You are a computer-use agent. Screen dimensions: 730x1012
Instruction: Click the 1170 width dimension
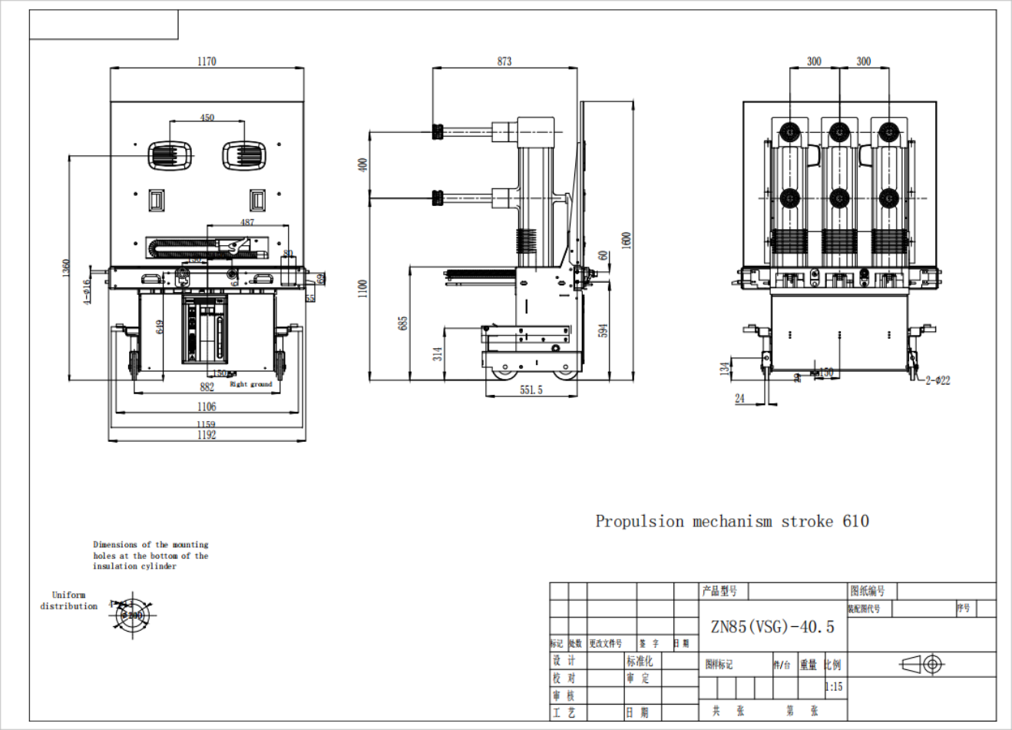click(x=207, y=61)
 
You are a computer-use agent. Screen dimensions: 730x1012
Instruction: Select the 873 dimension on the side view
click(x=504, y=61)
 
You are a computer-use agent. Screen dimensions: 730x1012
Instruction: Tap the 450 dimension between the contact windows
click(x=207, y=118)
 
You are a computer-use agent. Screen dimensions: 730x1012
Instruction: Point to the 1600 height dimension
click(x=627, y=240)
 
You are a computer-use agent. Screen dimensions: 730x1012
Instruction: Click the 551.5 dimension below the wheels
click(x=531, y=390)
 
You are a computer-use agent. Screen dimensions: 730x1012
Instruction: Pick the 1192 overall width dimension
click(x=207, y=435)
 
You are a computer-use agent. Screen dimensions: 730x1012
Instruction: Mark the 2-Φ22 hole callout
click(x=938, y=380)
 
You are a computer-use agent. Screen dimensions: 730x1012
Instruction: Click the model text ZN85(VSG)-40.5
click(x=772, y=627)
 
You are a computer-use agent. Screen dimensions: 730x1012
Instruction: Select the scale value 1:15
click(x=833, y=687)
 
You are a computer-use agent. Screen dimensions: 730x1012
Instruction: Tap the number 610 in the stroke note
click(x=855, y=522)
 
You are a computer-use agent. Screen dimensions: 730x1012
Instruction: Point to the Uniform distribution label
click(x=69, y=600)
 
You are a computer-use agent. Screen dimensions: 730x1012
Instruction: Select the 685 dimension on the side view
click(x=403, y=323)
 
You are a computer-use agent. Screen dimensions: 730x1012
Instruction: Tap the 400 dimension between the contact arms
click(x=363, y=164)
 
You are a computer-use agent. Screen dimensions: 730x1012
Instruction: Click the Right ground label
click(x=251, y=384)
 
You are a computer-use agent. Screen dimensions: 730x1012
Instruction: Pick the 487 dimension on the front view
click(x=247, y=222)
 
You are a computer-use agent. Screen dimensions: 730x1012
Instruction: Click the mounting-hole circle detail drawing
click(x=133, y=615)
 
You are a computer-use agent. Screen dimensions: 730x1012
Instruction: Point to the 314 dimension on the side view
click(x=438, y=353)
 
